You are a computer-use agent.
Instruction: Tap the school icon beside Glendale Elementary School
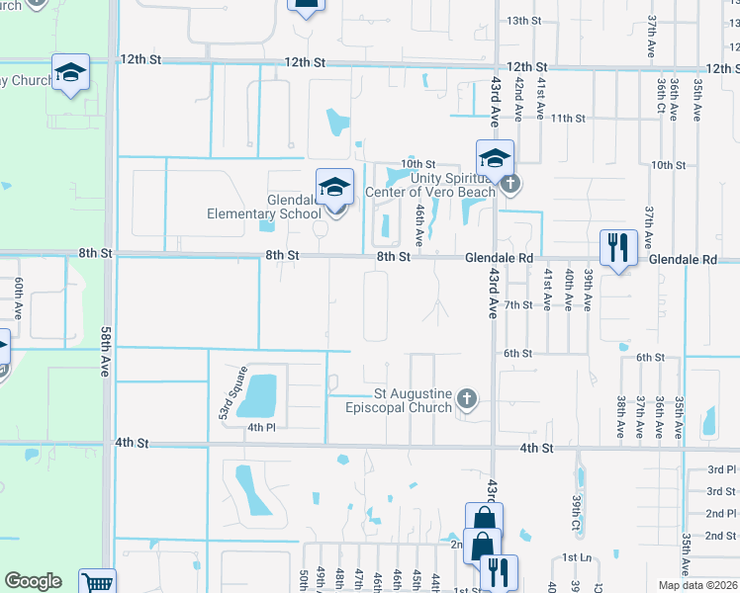coord(334,187)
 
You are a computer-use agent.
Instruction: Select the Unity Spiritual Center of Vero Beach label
coord(432,185)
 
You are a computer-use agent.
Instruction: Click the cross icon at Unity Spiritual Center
coord(509,183)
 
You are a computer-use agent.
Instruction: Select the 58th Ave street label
coord(106,351)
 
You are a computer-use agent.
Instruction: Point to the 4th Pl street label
coord(260,427)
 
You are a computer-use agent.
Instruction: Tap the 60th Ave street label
coord(19,296)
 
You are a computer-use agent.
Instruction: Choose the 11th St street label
coord(568,118)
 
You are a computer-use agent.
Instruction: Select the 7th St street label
coord(518,304)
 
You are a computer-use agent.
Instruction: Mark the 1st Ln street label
coord(577,557)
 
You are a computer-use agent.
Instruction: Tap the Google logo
coord(33,581)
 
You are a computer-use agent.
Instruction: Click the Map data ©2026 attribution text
coord(698,585)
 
